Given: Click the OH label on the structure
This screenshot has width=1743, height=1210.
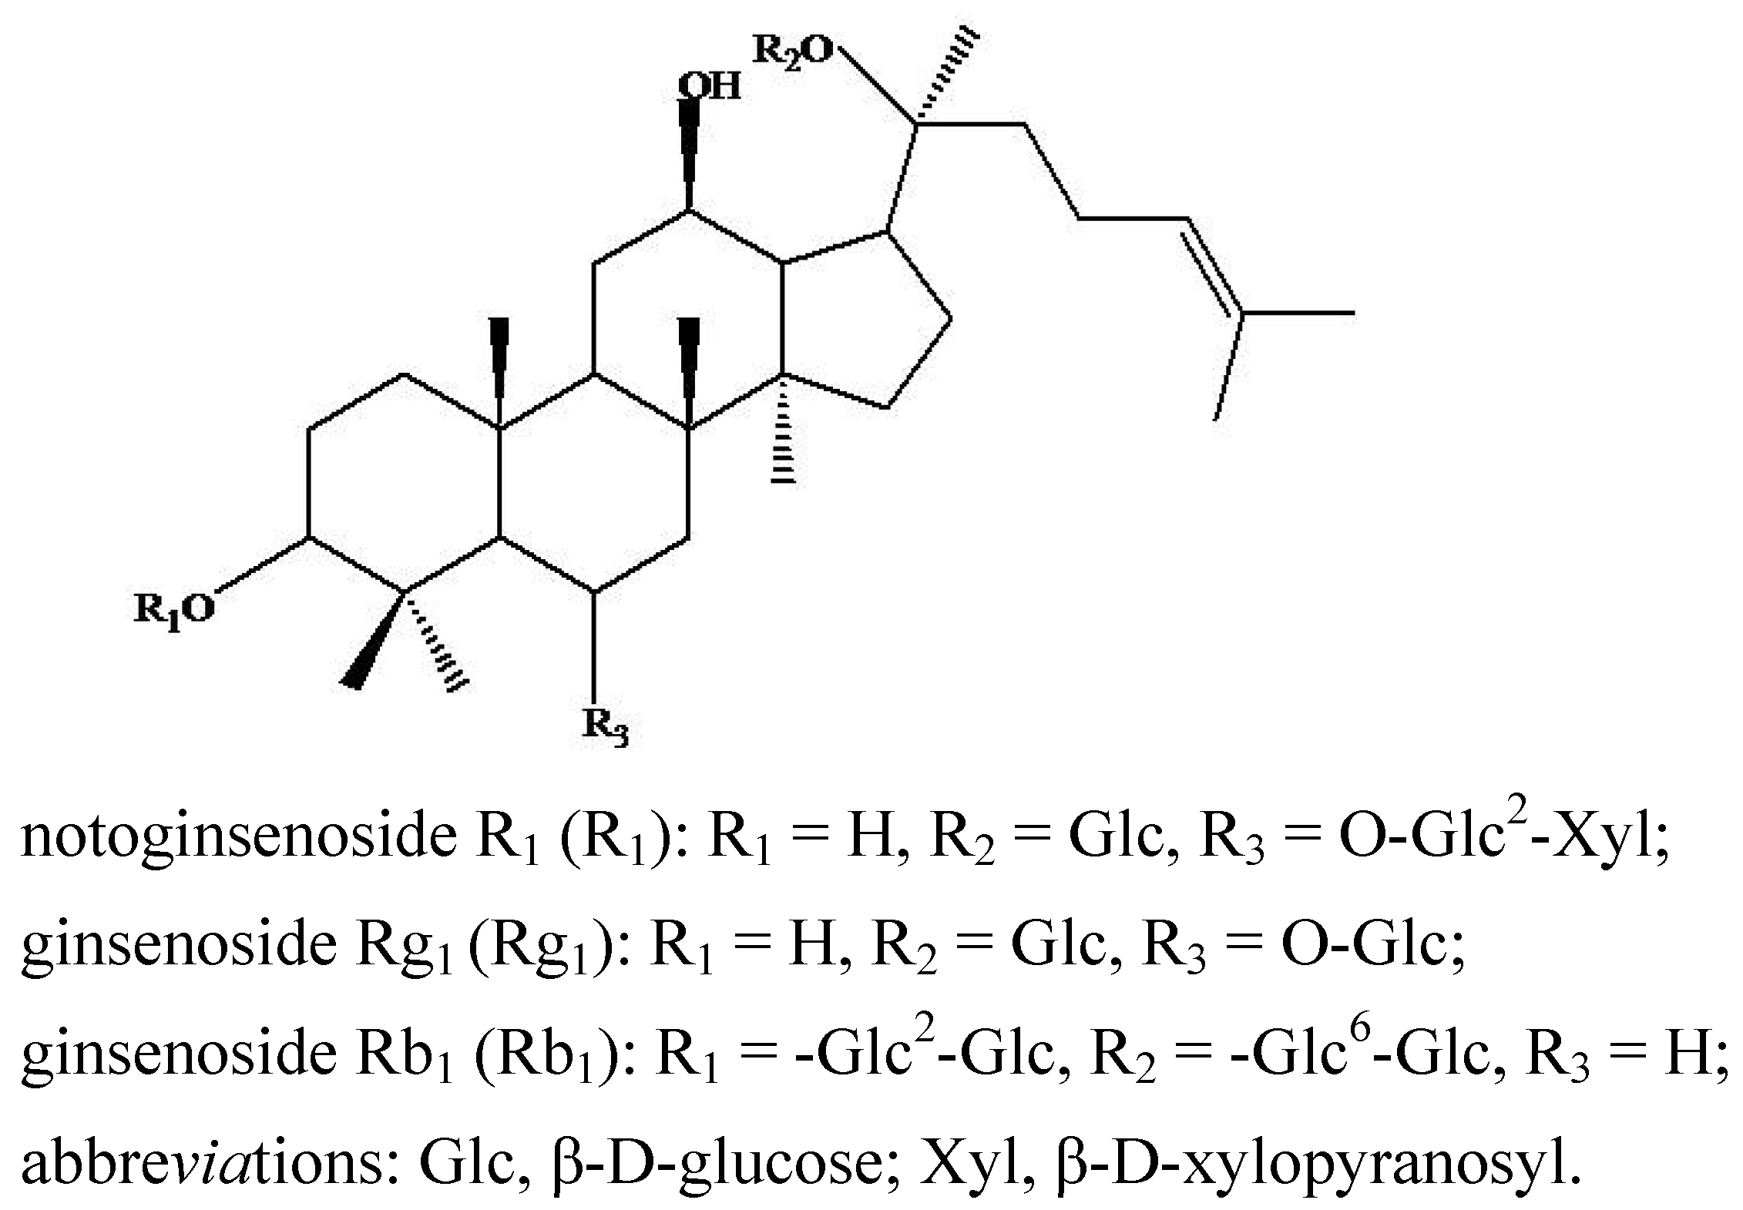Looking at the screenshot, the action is coord(710,86).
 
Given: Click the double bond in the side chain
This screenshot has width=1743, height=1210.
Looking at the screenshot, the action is coord(1211,266).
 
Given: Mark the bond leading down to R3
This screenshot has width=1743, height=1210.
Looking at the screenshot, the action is coord(595,647).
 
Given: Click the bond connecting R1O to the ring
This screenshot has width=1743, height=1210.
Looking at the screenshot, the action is coord(262,565).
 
